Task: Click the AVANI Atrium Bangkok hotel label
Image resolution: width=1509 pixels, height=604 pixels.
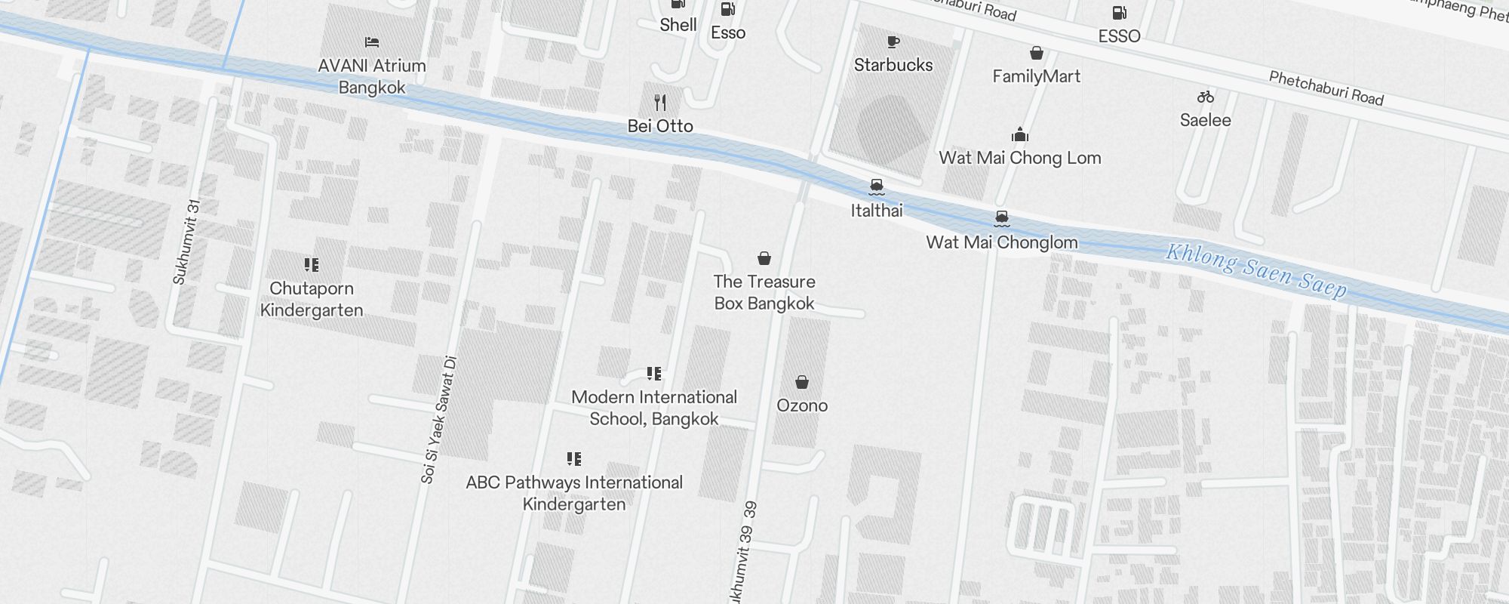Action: pos(372,76)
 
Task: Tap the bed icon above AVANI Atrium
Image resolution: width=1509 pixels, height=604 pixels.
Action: pos(371,42)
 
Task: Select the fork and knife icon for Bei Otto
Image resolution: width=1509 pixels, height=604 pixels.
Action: pos(660,102)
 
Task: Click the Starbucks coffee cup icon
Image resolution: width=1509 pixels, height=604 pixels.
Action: pos(893,42)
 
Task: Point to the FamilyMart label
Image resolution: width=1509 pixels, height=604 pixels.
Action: pos(1036,76)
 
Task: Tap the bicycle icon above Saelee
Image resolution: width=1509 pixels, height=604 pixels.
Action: pos(1205,97)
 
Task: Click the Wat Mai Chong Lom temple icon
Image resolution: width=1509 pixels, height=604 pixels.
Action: pos(1020,134)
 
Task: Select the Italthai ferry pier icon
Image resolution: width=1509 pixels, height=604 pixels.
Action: pos(876,186)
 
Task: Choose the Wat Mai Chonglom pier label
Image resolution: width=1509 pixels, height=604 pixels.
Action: pos(1002,242)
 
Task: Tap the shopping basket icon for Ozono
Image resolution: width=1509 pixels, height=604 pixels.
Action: pos(802,383)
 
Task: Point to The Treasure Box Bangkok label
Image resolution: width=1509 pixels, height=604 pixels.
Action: pos(764,292)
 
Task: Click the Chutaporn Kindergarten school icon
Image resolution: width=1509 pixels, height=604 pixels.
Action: pos(312,265)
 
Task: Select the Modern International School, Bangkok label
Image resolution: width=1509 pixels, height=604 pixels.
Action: pos(654,408)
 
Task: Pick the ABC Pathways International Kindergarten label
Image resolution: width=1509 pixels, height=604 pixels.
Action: pos(574,493)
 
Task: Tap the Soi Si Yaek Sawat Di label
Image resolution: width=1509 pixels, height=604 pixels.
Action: pos(439,420)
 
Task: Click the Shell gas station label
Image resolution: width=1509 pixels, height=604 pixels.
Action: pos(678,25)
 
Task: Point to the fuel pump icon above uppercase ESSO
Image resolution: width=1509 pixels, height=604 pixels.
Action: pos(1119,12)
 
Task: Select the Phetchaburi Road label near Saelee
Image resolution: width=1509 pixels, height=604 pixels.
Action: pos(1326,88)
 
